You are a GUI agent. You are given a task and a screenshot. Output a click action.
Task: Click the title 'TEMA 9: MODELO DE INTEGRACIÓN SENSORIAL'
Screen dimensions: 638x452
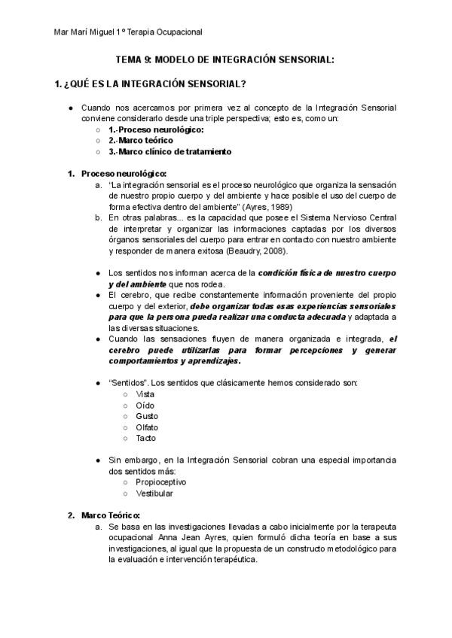224,60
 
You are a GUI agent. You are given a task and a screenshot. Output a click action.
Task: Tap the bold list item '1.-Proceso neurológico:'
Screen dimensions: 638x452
145,129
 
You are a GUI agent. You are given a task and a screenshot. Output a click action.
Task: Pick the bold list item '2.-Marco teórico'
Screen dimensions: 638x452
140,140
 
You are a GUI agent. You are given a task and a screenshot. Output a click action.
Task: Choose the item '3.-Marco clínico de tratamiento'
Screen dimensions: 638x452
169,151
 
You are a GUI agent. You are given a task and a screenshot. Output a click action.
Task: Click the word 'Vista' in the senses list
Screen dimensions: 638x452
145,394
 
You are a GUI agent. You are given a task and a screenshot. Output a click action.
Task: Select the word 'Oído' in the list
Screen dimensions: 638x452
145,406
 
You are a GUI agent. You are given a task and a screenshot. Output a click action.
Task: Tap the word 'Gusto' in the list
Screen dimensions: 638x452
147,416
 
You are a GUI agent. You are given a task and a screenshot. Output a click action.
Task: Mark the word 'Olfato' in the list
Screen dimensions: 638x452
147,427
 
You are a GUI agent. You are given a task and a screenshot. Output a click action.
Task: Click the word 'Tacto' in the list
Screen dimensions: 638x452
146,438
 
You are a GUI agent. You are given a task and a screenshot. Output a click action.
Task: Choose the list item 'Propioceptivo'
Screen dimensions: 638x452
160,482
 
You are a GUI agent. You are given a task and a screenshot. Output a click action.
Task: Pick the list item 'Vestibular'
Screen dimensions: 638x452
154,493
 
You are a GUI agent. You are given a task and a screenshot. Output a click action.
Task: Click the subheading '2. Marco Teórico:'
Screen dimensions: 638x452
109,515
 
